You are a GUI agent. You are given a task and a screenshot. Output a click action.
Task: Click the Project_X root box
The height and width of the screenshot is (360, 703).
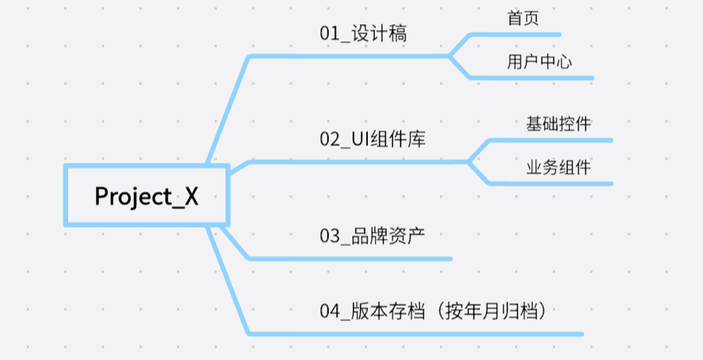click(x=146, y=196)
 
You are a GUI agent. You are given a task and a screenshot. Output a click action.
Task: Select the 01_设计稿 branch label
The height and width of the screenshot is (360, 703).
click(x=363, y=34)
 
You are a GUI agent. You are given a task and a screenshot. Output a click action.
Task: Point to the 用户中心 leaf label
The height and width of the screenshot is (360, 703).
click(x=539, y=62)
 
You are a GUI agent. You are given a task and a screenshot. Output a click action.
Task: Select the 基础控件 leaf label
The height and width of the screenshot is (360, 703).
click(x=558, y=124)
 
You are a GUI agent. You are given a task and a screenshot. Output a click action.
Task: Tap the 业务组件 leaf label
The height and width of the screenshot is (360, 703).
click(x=558, y=167)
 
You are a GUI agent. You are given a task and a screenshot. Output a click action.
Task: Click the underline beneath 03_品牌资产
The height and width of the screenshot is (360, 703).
click(x=352, y=258)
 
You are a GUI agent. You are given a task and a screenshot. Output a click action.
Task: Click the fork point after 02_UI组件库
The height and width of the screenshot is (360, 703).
click(x=468, y=162)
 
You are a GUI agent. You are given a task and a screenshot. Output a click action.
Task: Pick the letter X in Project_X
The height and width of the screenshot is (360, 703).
click(x=190, y=196)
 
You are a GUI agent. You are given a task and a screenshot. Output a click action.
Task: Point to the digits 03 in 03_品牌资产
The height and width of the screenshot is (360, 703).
click(x=328, y=236)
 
